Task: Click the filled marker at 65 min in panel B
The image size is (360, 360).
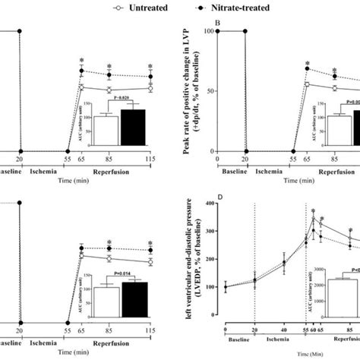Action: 308,69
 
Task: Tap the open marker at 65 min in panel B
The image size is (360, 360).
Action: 308,84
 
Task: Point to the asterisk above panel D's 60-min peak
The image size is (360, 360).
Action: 312,212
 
